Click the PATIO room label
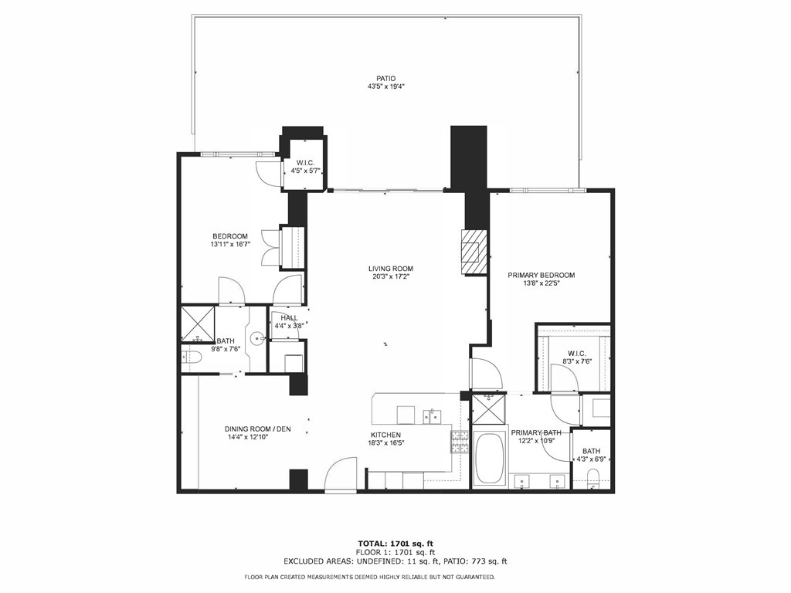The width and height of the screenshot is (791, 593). [386, 78]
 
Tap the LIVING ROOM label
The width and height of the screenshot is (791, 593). [390, 269]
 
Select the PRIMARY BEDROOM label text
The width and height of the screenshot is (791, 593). [541, 276]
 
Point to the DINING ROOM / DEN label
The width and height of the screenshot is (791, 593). [258, 429]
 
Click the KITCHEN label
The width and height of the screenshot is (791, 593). [386, 435]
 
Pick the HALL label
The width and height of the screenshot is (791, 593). [289, 318]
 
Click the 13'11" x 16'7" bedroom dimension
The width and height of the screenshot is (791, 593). [230, 244]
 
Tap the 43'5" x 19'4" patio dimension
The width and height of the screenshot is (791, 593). [386, 86]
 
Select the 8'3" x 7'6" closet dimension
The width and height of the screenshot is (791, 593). [576, 361]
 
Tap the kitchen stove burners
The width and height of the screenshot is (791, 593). [459, 442]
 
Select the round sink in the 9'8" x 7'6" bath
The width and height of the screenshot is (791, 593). [258, 337]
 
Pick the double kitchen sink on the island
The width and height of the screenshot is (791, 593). [432, 416]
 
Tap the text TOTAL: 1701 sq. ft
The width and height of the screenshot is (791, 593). [395, 544]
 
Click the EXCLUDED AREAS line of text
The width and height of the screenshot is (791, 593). [395, 561]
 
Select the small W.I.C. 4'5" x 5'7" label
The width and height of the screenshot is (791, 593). [305, 167]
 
